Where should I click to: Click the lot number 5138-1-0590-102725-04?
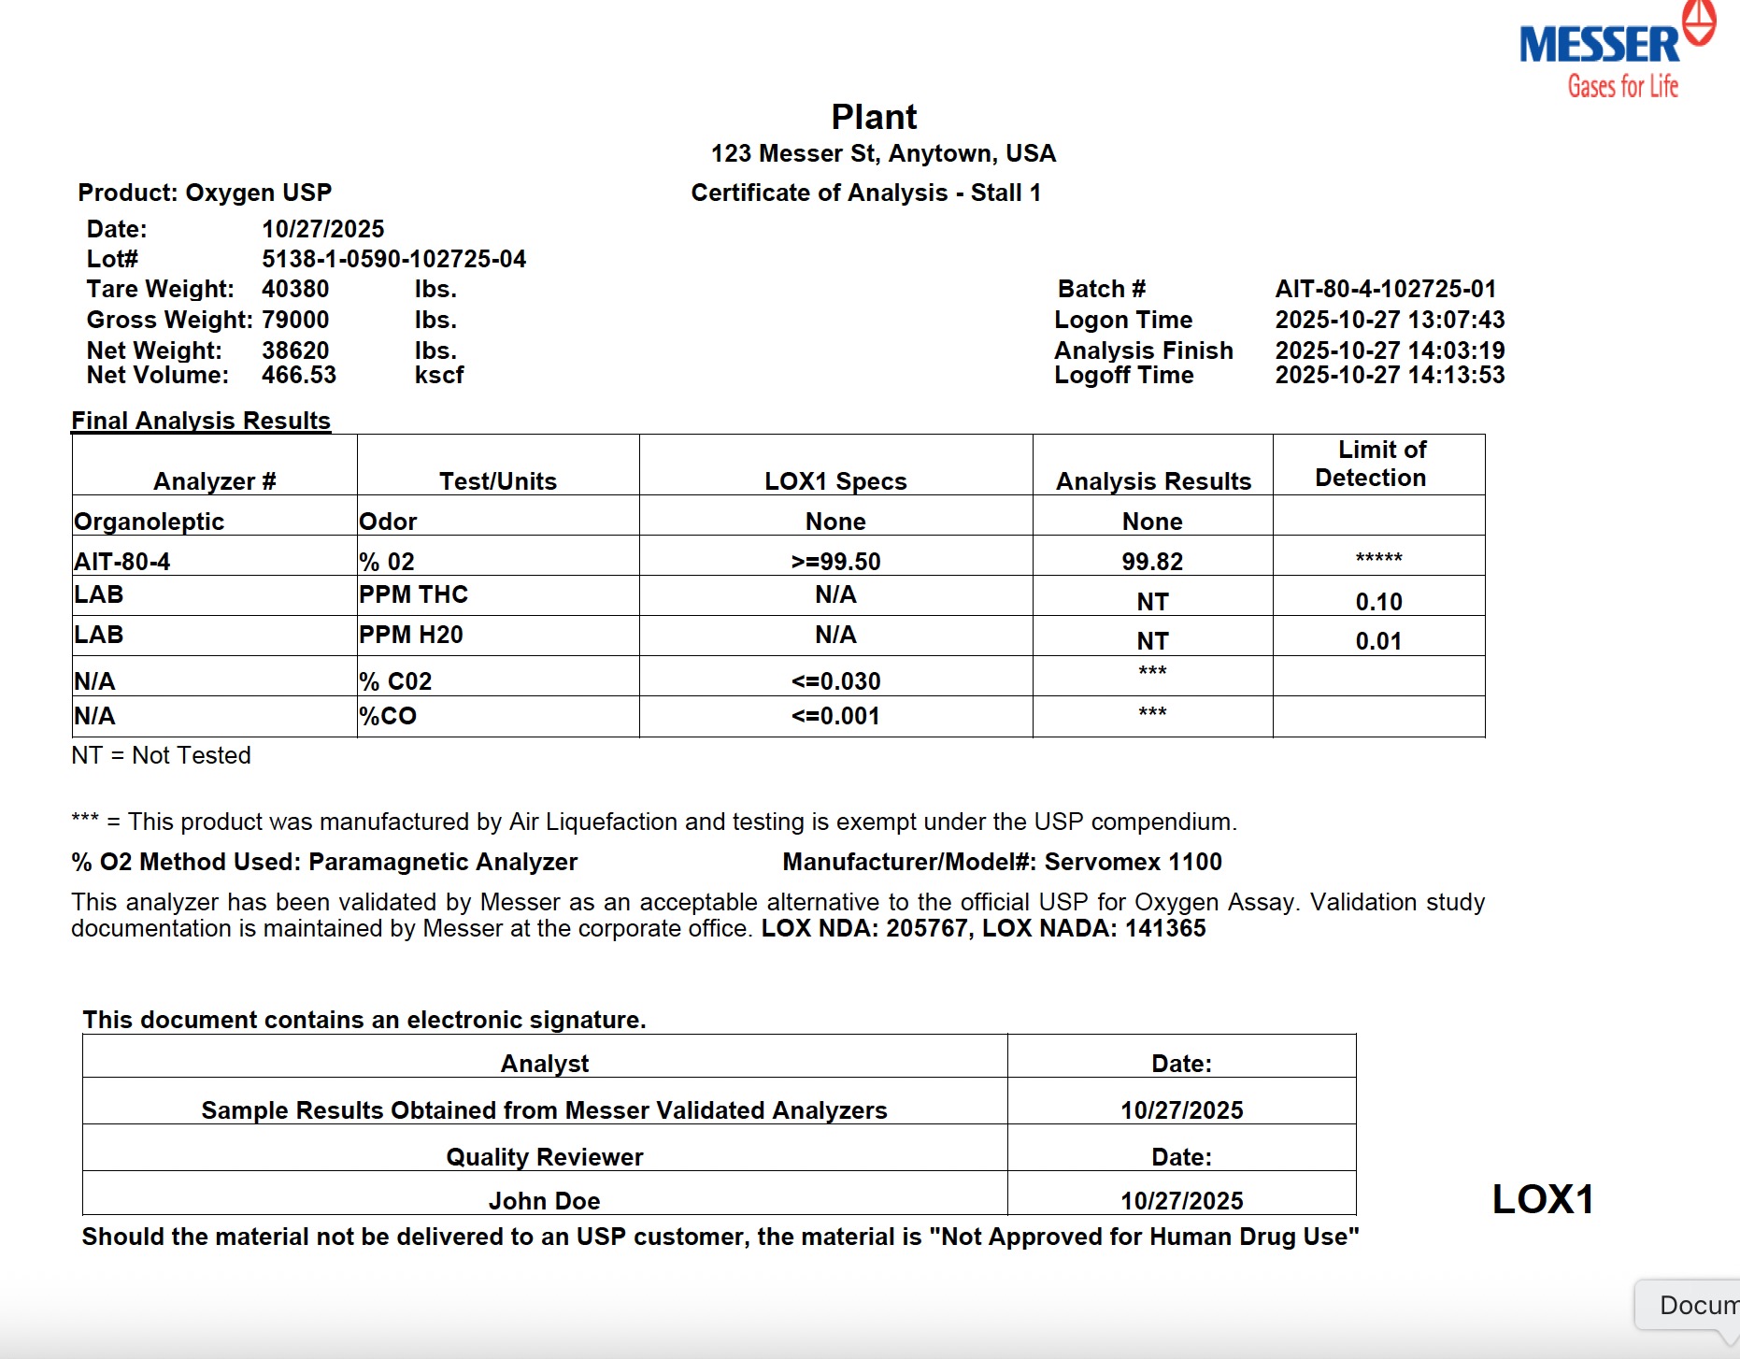pyautogui.click(x=393, y=259)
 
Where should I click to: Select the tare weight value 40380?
pyautogui.click(x=295, y=289)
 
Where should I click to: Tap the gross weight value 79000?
pyautogui.click(x=295, y=320)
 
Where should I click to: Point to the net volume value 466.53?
pyautogui.click(x=299, y=375)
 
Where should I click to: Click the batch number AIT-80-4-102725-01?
pyautogui.click(x=1385, y=289)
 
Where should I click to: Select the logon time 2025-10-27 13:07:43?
pyautogui.click(x=1390, y=320)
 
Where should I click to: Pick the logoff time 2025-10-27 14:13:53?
pyautogui.click(x=1390, y=375)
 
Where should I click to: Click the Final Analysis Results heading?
pyautogui.click(x=201, y=421)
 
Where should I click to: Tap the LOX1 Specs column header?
pyautogui.click(x=835, y=480)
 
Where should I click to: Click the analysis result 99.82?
pyautogui.click(x=1152, y=562)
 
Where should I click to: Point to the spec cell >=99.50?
pyautogui.click(x=835, y=562)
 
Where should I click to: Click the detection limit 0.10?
pyautogui.click(x=1378, y=602)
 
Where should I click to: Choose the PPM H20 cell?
pyautogui.click(x=411, y=635)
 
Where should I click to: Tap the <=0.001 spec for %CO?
pyautogui.click(x=835, y=716)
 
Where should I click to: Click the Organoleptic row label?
pyautogui.click(x=150, y=522)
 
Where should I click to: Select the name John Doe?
pyautogui.click(x=544, y=1201)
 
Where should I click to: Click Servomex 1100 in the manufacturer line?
pyautogui.click(x=1133, y=862)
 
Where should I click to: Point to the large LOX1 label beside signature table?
pyautogui.click(x=1543, y=1199)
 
